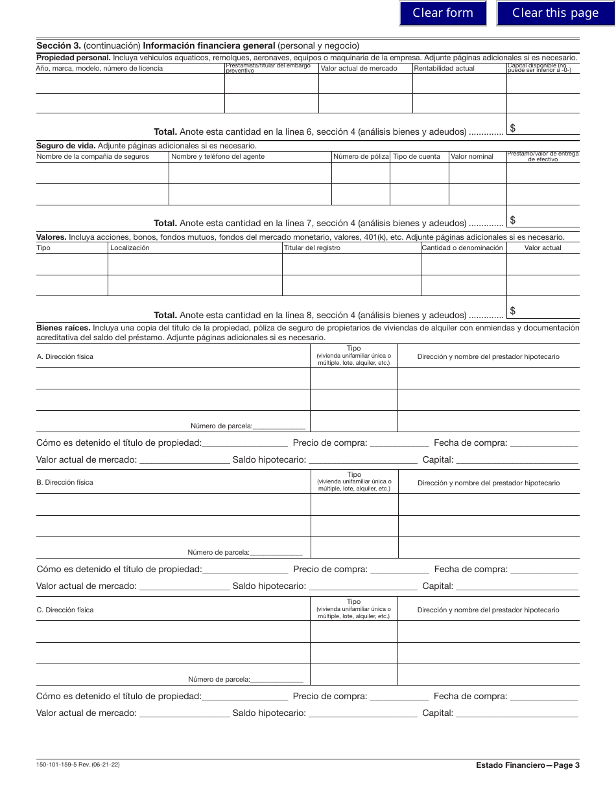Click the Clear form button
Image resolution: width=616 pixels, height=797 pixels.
443,13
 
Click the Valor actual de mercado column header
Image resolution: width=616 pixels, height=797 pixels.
359,68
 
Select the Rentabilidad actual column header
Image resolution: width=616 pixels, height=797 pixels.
444,68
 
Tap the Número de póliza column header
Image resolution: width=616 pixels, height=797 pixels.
361,156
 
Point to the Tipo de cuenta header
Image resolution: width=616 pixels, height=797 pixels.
416,156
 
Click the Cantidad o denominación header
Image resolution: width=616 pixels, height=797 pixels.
462,248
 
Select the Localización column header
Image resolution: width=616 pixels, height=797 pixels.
130,248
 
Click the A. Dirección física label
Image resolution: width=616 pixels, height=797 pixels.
65,356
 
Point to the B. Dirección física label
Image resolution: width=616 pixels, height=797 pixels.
65,483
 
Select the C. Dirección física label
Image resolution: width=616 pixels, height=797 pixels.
65,610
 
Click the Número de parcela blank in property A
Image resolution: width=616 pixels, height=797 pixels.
279,426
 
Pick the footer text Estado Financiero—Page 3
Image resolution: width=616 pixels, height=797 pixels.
527,765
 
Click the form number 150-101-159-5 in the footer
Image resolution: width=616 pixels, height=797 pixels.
60,765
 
